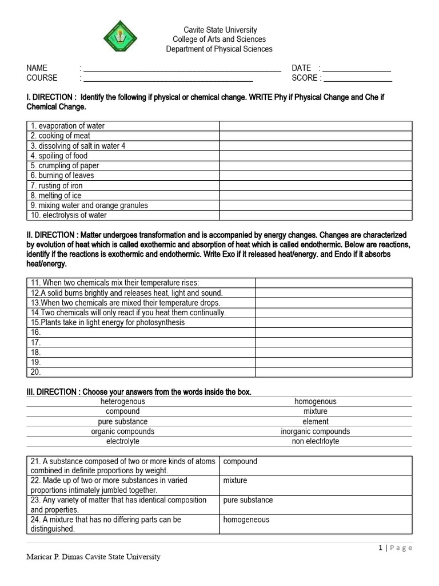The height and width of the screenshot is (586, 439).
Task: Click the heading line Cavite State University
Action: [219, 30]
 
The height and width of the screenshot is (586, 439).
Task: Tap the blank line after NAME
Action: [182, 69]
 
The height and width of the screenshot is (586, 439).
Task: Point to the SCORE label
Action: [304, 78]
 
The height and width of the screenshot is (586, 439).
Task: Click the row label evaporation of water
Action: [67, 126]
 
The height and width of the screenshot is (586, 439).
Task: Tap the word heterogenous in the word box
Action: [123, 402]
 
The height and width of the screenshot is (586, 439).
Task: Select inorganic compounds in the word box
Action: [316, 431]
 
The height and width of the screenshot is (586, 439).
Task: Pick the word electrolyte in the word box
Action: [123, 441]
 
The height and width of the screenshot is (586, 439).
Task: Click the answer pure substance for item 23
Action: [248, 500]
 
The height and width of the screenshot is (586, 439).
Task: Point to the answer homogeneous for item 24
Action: [246, 520]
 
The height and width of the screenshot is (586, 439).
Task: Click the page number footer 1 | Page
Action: [395, 548]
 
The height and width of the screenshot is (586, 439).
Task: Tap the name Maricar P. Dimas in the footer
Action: [63, 557]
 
